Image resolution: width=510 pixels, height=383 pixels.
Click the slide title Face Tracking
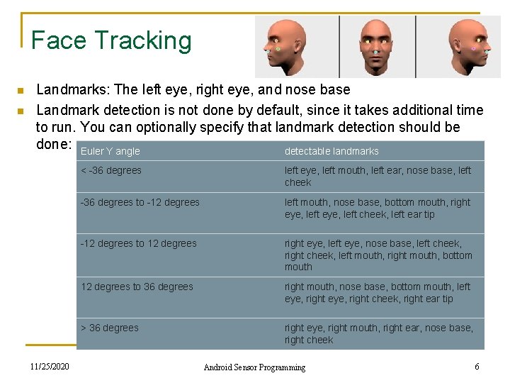click(111, 40)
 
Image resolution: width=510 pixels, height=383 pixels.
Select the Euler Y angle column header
click(110, 151)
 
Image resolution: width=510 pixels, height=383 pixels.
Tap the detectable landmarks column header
click(331, 151)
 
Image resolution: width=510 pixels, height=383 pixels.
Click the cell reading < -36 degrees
click(111, 170)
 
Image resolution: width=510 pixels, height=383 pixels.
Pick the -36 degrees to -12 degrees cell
click(140, 202)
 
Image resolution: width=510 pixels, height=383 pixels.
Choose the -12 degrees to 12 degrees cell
click(139, 243)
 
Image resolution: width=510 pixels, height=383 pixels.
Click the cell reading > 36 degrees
click(110, 328)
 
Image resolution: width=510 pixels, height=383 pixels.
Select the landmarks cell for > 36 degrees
click(378, 333)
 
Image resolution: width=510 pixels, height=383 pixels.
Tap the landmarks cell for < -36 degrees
click(378, 176)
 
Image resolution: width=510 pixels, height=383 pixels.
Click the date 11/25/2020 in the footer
click(49, 366)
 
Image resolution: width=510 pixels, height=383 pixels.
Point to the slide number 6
click(477, 366)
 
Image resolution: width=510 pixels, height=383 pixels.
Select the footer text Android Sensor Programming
click(254, 367)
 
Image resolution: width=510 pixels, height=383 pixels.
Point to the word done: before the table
click(54, 144)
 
